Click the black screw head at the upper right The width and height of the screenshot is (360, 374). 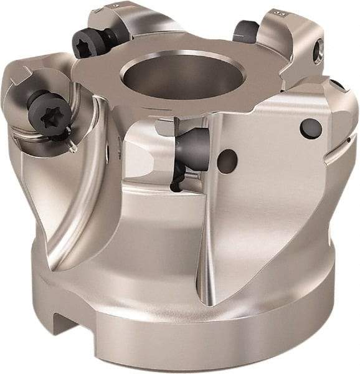247,29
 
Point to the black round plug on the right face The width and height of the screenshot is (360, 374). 310,128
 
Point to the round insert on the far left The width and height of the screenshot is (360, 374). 25,93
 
